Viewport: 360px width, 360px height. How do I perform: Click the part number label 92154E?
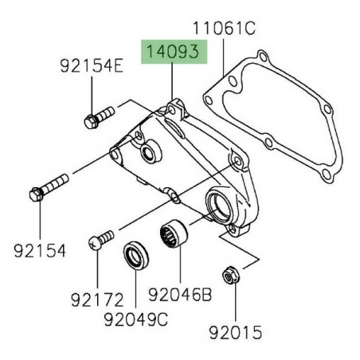point(89,67)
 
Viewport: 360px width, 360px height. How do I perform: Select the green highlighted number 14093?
point(173,53)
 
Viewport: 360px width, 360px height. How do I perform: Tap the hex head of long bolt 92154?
point(37,194)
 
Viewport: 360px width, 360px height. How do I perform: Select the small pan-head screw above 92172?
point(99,240)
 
